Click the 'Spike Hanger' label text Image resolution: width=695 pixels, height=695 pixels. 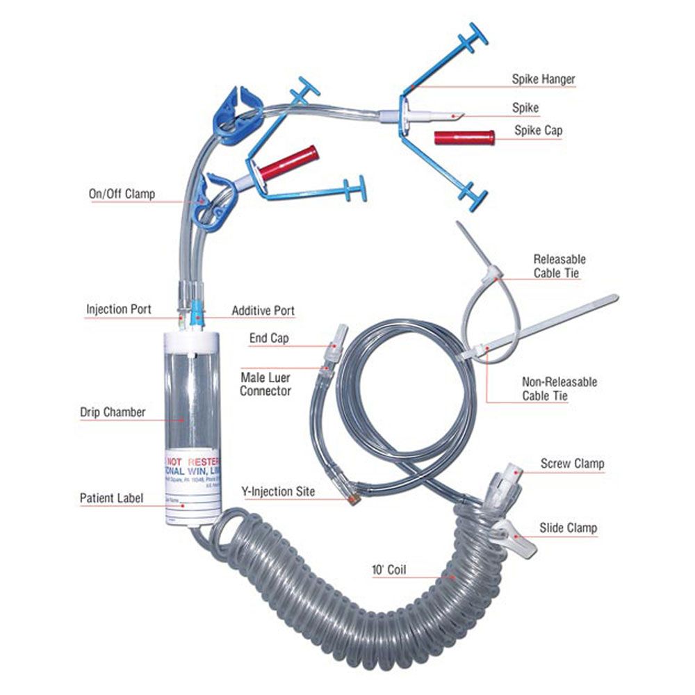543,79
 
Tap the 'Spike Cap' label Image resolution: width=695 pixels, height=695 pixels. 539,130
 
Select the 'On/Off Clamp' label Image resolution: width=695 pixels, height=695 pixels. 122,194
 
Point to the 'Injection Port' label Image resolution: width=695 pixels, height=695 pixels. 117,308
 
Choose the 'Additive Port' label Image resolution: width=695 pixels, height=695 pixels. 263,310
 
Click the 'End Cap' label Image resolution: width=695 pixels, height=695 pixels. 269,338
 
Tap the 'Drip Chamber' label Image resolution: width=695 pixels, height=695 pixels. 112,412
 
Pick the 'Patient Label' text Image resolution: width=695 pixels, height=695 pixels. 111,498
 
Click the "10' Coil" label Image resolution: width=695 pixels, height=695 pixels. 389,571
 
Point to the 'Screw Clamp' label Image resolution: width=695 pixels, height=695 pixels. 572,464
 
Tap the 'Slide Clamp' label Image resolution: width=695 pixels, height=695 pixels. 568,528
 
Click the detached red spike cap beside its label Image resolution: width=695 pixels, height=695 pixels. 464,137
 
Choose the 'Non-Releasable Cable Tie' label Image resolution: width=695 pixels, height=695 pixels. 559,389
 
